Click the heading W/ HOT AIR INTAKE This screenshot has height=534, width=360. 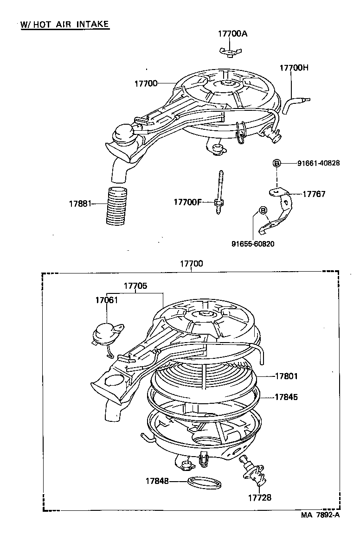[65, 24]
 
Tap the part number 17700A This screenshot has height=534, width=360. [233, 33]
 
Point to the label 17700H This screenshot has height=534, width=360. [294, 68]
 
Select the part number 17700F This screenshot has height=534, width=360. [188, 202]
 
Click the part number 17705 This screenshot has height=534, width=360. [135, 286]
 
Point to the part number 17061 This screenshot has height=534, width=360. [107, 300]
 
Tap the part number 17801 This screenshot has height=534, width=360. [286, 376]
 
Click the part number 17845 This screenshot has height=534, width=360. [286, 397]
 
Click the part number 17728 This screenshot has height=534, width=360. [259, 497]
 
